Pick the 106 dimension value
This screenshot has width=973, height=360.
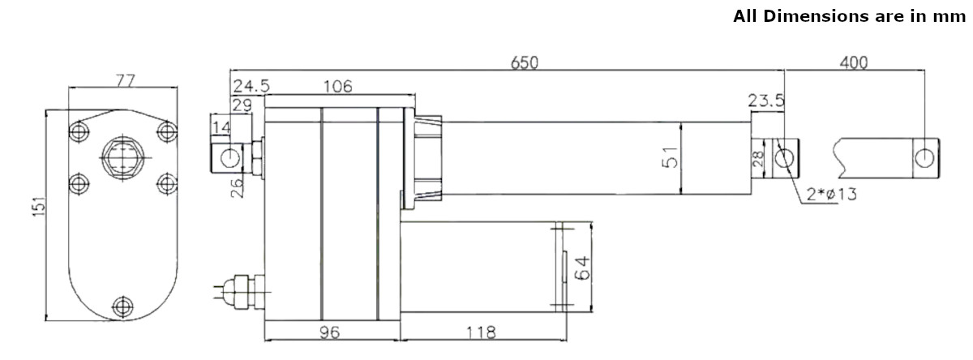[336, 86]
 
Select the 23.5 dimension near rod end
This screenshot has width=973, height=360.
[766, 101]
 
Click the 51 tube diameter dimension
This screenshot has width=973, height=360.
[670, 157]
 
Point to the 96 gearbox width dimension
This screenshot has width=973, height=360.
[330, 332]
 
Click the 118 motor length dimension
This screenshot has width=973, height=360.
[482, 332]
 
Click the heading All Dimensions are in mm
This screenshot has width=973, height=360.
[852, 15]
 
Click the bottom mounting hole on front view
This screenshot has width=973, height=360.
[122, 306]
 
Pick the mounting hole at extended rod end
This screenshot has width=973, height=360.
[924, 157]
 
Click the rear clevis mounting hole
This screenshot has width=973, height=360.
[230, 156]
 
